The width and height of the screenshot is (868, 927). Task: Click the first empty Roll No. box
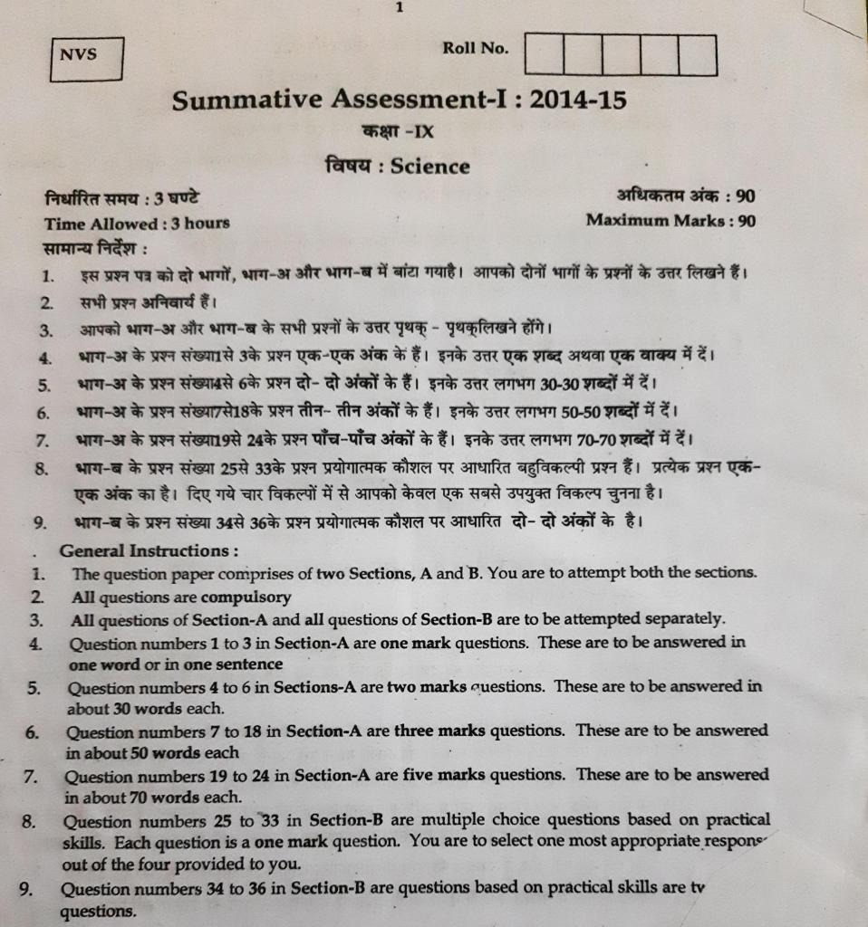click(544, 55)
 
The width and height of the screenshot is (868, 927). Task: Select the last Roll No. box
click(698, 55)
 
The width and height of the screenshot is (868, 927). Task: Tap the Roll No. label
click(476, 48)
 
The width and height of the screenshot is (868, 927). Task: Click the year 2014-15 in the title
click(578, 100)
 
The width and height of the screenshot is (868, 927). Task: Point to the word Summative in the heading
click(242, 100)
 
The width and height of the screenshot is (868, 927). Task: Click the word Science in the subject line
click(430, 167)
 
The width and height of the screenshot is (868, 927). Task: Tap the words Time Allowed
click(101, 223)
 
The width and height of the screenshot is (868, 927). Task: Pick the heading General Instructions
click(149, 550)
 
